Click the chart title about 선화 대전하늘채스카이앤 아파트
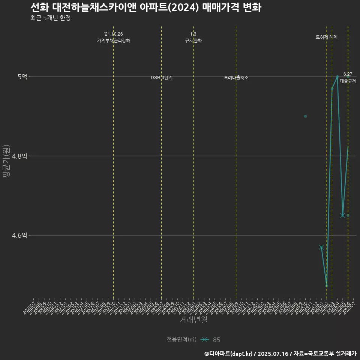pyautogui.click(x=145, y=7)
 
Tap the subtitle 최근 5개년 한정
pyautogui.click(x=50, y=18)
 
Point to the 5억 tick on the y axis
pyautogui.click(x=22, y=76)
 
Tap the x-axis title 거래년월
pyautogui.click(x=193, y=320)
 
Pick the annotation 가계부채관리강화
pyautogui.click(x=114, y=40)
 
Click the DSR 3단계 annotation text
pyautogui.click(x=162, y=78)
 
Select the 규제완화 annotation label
pyautogui.click(x=193, y=40)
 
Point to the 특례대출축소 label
pyautogui.click(x=236, y=78)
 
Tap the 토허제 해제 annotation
pyautogui.click(x=327, y=37)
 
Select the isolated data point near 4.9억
pyautogui.click(x=305, y=116)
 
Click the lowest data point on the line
pyautogui.click(x=327, y=286)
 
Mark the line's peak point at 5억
pyautogui.click(x=337, y=76)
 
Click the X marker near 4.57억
pyautogui.click(x=321, y=247)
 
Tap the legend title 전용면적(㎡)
pyautogui.click(x=181, y=340)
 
